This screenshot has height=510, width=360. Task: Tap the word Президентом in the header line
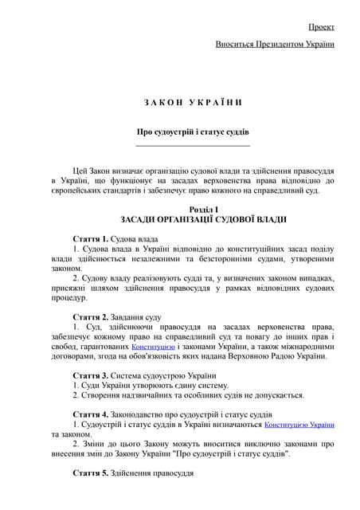(281, 43)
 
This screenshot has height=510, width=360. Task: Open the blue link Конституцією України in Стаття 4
(299, 426)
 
